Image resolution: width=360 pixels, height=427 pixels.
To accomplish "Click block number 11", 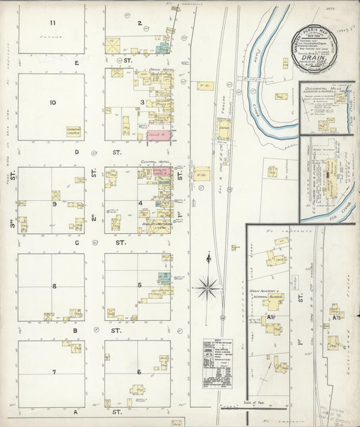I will click(51, 24).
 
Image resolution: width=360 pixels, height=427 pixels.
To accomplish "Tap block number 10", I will click(52, 103).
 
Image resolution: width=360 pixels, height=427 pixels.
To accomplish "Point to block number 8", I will click(53, 286).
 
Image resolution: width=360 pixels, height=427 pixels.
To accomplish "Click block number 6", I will click(138, 372).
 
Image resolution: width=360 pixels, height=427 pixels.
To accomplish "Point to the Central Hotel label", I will click(154, 162).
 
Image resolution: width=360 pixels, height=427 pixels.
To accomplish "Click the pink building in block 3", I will click(160, 135).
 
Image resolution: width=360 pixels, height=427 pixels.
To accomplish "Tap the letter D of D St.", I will click(77, 152).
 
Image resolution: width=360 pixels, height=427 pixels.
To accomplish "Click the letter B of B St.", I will click(77, 331).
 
